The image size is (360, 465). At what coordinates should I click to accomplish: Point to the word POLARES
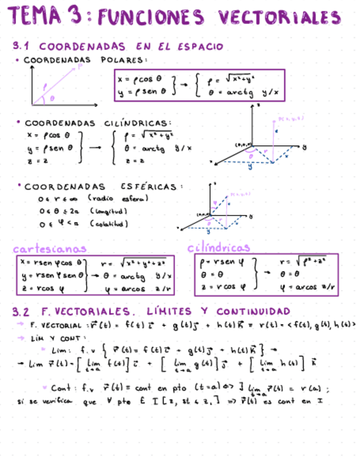pos(125,60)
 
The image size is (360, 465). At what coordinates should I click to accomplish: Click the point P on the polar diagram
pos(81,67)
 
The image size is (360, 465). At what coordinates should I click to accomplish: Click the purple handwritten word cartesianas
pos(50,248)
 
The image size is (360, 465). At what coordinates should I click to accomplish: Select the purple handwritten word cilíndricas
pos(218,248)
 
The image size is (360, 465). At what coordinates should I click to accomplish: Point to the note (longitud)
pos(109,211)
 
